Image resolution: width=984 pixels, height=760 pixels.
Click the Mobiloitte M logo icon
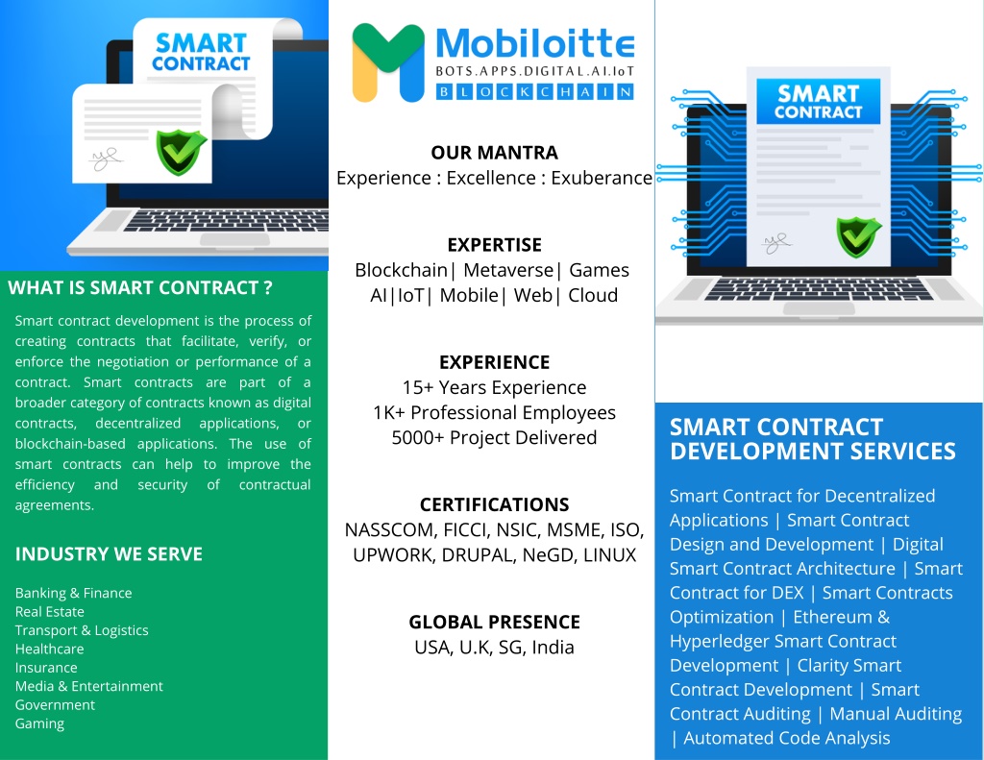click(388, 62)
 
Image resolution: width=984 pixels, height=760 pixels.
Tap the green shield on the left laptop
click(181, 153)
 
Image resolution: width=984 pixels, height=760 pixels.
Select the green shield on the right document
click(858, 237)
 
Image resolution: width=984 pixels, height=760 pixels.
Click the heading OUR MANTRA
click(495, 153)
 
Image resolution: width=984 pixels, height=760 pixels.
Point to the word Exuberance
click(602, 179)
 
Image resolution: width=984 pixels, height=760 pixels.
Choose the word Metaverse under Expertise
click(508, 270)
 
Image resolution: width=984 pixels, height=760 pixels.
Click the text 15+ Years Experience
click(495, 387)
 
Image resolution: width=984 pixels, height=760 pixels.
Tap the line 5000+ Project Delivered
click(495, 437)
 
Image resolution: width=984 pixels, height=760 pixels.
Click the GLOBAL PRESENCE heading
click(495, 622)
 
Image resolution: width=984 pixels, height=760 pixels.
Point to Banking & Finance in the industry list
click(73, 593)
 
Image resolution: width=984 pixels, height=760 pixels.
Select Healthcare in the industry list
click(50, 649)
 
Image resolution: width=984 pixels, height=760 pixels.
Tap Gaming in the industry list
click(39, 723)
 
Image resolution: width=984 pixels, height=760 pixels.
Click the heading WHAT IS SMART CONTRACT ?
click(140, 287)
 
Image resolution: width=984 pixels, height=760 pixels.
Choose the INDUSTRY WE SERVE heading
click(109, 554)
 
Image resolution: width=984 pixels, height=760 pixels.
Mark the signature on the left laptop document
click(106, 159)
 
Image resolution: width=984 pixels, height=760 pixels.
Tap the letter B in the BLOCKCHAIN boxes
click(444, 92)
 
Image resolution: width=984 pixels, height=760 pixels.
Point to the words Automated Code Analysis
click(786, 738)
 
